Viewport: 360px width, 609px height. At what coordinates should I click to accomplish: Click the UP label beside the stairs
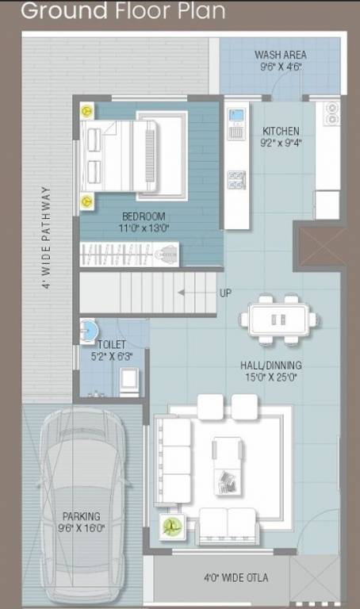tap(225, 293)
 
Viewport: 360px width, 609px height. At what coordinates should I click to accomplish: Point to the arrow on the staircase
tap(191, 293)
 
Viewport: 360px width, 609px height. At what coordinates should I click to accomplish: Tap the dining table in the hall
tap(278, 319)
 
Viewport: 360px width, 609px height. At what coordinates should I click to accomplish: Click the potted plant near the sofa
tap(170, 526)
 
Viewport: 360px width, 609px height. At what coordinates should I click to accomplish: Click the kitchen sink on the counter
tap(236, 123)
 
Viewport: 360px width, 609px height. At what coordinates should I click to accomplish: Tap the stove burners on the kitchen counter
tap(236, 179)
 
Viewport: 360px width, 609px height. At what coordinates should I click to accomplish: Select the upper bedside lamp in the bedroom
tap(86, 111)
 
